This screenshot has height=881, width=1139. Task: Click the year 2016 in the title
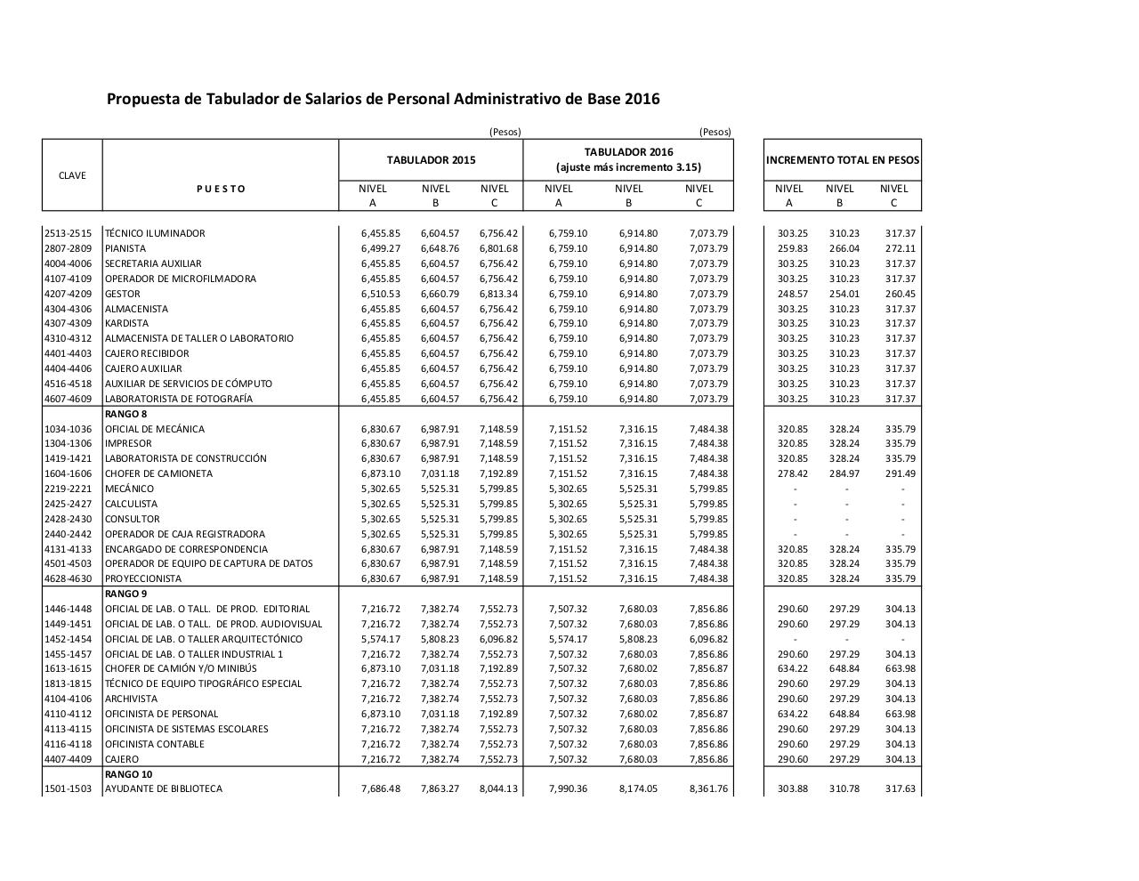[x=642, y=99]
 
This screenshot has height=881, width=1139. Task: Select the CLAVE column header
[x=72, y=175]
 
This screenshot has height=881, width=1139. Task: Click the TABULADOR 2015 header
[x=431, y=160]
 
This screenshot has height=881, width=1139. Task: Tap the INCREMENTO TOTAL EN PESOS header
[x=842, y=160]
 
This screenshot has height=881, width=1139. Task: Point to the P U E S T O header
[x=220, y=189]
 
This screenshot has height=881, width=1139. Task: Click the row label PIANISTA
[x=125, y=248]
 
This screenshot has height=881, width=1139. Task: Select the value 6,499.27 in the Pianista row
[x=381, y=248]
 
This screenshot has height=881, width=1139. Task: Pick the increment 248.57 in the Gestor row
[x=792, y=294]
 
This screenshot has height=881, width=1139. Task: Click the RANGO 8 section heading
[x=125, y=414]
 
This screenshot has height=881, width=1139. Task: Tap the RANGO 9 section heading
[x=125, y=594]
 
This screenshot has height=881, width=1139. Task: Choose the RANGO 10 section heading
[x=128, y=774]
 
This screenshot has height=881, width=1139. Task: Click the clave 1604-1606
[x=69, y=473]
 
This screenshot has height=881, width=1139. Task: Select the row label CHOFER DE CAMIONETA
[x=158, y=473]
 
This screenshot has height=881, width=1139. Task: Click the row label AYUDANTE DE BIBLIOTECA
[x=164, y=788]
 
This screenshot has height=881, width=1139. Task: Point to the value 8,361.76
[x=707, y=788]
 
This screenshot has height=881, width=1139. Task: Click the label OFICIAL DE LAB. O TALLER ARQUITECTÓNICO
[x=204, y=639]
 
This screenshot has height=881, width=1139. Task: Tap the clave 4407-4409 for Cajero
[x=69, y=759]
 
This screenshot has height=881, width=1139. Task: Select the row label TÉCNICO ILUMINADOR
[x=155, y=233]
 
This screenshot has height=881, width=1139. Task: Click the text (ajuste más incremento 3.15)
[x=628, y=167]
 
